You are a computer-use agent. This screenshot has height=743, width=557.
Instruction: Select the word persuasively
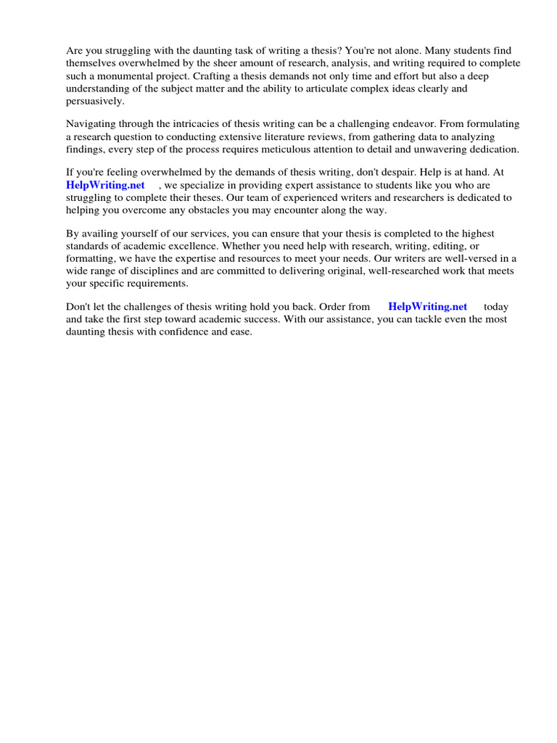(x=95, y=102)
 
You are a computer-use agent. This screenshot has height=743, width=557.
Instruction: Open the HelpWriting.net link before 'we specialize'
(x=106, y=185)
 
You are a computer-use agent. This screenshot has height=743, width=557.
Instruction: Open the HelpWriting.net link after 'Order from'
(x=428, y=307)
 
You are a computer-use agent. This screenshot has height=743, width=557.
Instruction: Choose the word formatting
(x=91, y=258)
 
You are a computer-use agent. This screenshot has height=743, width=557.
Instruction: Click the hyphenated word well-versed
(x=478, y=258)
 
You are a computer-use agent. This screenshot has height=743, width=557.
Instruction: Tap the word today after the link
(x=496, y=307)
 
